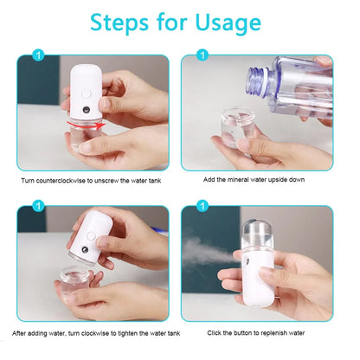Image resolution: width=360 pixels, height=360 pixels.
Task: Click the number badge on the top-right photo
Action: [x=202, y=58]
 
